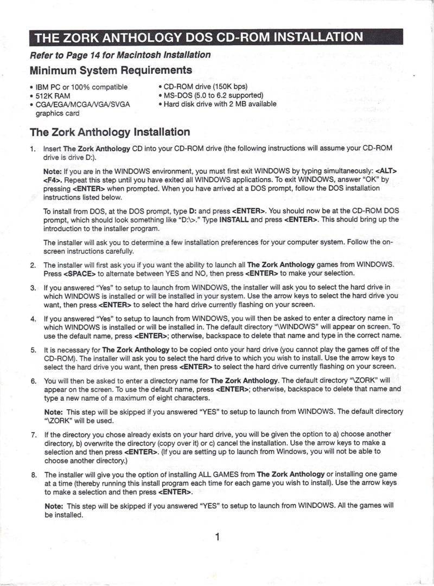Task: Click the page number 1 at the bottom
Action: click(x=217, y=537)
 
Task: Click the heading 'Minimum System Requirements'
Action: click(x=111, y=70)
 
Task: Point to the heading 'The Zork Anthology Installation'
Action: click(x=110, y=132)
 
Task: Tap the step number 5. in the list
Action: click(x=33, y=350)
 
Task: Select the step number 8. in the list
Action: click(x=33, y=474)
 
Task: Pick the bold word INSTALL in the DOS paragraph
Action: click(x=234, y=220)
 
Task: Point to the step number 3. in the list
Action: click(x=33, y=287)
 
